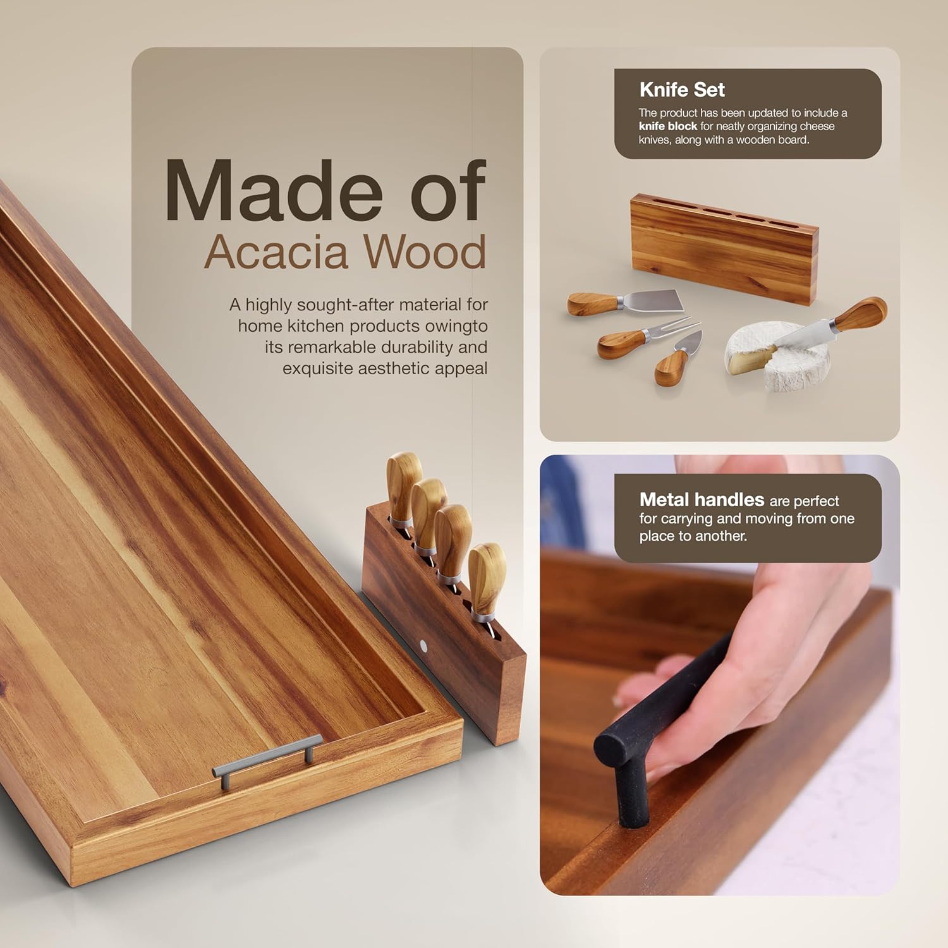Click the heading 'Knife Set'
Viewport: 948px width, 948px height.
pos(681,90)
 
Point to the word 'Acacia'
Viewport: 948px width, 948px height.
pos(276,252)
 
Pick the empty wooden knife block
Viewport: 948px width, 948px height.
pos(724,250)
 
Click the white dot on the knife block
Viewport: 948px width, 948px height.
pos(423,645)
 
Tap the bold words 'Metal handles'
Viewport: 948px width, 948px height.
pos(702,500)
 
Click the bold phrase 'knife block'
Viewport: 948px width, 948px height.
pos(667,126)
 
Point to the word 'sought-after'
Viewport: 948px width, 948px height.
pos(339,305)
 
